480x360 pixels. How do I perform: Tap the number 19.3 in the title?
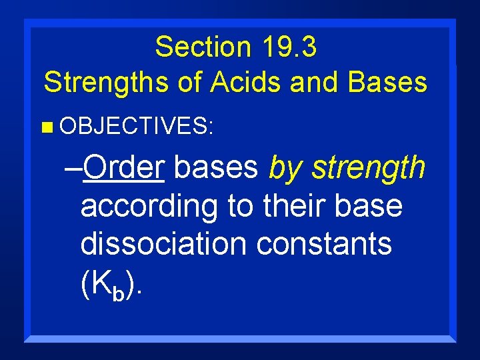click(x=288, y=47)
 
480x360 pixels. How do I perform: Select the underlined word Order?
click(x=125, y=168)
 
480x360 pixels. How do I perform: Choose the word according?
click(x=149, y=207)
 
